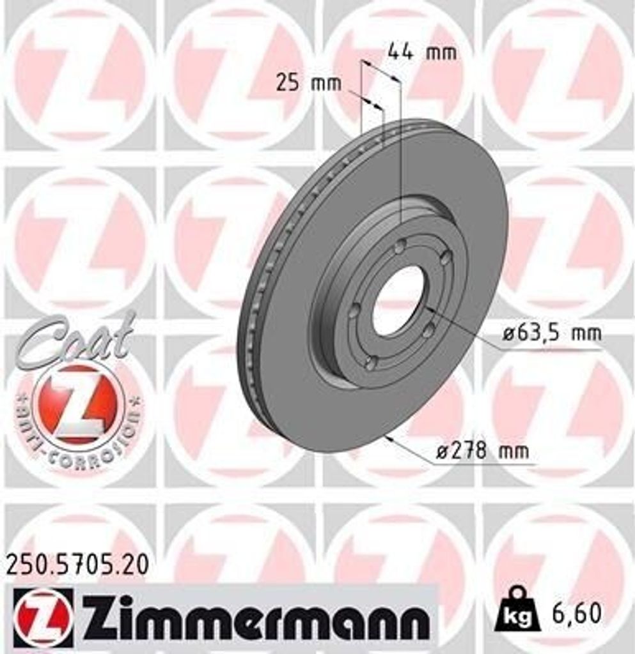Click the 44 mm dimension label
pos(422,52)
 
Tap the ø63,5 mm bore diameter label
pos(551,333)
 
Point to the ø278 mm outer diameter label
pos(482,451)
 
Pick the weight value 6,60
pos(577,613)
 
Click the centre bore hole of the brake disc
pos(397,300)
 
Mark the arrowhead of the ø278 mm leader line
pos(388,438)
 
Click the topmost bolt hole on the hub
pos(401,246)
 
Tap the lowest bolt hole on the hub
pos(370,363)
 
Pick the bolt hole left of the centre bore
pos(354,310)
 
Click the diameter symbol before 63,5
pos(508,333)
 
